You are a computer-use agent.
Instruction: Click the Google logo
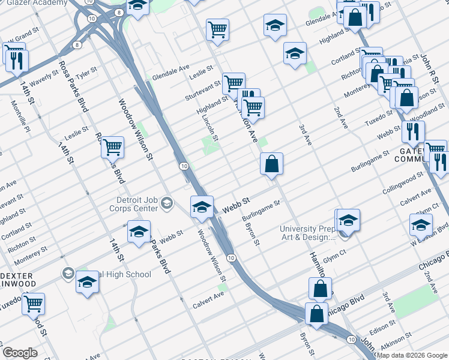pyautogui.click(x=20, y=353)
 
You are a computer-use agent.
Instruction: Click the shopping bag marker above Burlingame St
pyautogui.click(x=271, y=163)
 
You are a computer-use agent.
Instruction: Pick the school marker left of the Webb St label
pyautogui.click(x=202, y=207)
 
